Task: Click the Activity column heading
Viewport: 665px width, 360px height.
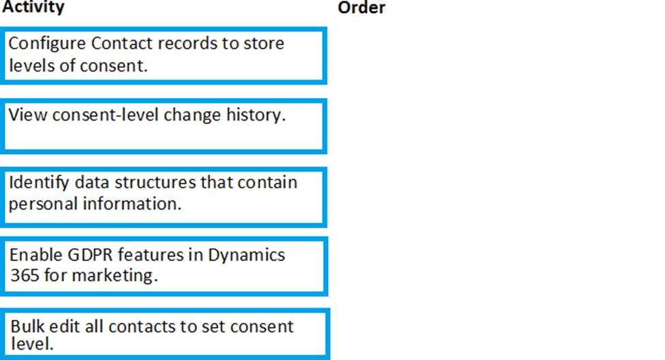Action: pyautogui.click(x=33, y=7)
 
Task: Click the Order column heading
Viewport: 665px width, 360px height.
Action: pyautogui.click(x=361, y=7)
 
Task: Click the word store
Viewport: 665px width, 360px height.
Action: pyautogui.click(x=263, y=44)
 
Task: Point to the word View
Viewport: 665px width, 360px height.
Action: pyautogui.click(x=27, y=115)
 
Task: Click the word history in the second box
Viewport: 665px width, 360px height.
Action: pyautogui.click(x=256, y=115)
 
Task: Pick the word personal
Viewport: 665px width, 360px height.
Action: pyautogui.click(x=43, y=205)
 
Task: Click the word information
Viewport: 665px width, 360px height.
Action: pyautogui.click(x=132, y=204)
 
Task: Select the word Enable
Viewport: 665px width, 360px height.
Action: pyautogui.click(x=36, y=255)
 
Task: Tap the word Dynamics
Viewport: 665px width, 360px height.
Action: pyautogui.click(x=246, y=255)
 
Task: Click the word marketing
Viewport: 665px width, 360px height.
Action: pyautogui.click(x=115, y=276)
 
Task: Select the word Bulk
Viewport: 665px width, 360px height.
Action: pyautogui.click(x=27, y=327)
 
